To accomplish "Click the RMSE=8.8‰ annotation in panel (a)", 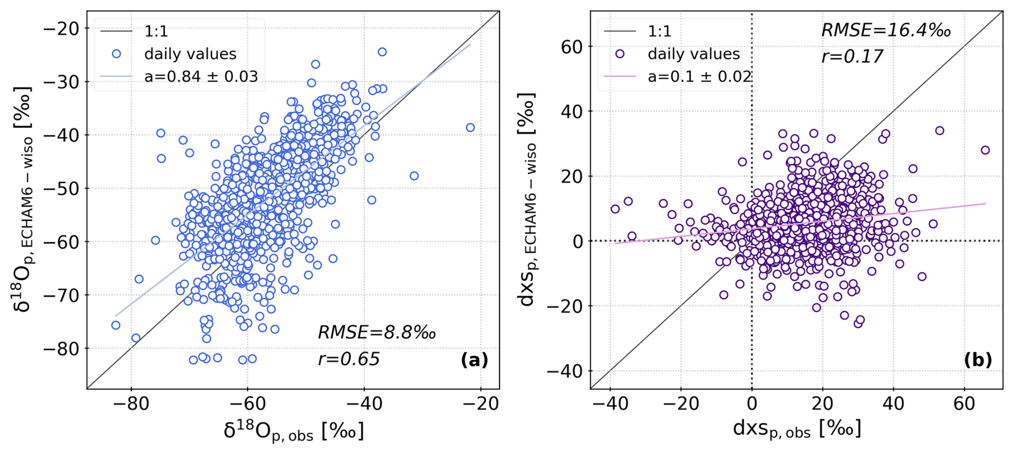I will coord(376,332).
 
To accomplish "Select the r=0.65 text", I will coord(348,359).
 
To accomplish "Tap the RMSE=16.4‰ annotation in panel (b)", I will coord(886,31).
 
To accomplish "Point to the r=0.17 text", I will coord(852,56).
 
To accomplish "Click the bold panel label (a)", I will coord(474,360).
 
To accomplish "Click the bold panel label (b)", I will coord(978,360).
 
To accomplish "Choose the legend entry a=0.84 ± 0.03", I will coord(201,77).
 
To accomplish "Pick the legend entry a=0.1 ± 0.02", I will coord(699,77).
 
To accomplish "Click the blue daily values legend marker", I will coord(116,54).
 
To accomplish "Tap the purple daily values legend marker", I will coord(620,54).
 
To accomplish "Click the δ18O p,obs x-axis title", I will coord(294,430).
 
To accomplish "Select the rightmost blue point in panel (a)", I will coord(470,127).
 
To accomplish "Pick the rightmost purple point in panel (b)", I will coord(985,150).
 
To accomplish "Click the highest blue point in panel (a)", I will coord(382,52).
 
